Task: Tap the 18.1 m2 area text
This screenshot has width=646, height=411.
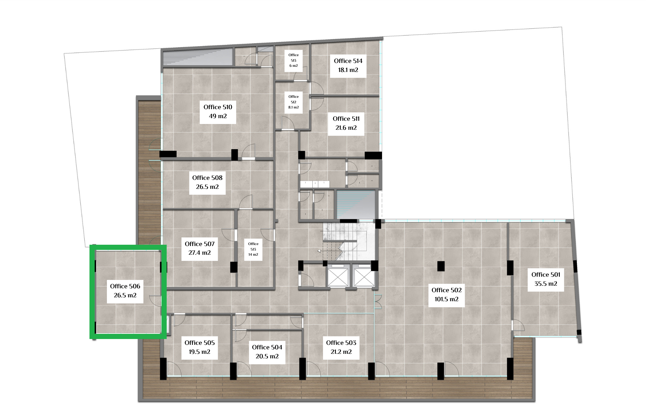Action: tap(348, 70)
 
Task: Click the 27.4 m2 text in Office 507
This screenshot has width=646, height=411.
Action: tap(200, 253)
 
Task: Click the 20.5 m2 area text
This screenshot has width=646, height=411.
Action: tap(267, 356)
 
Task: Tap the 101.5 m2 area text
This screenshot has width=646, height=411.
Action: tap(446, 299)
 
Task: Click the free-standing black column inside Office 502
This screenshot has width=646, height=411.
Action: tap(441, 266)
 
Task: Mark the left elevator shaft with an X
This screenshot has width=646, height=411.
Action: tap(338, 277)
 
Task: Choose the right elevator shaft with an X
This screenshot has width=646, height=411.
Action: tap(364, 277)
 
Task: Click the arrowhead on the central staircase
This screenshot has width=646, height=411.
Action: tap(319, 251)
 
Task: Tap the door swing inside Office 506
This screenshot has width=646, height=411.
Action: tap(156, 301)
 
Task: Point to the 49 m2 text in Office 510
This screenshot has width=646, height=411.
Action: tap(218, 116)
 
